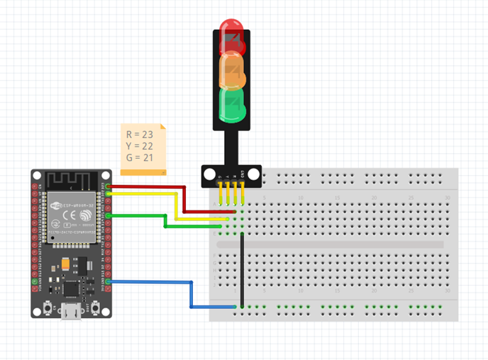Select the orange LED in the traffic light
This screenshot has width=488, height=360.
(232, 69)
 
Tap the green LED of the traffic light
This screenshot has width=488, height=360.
(232, 103)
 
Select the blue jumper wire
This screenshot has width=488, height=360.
(191, 294)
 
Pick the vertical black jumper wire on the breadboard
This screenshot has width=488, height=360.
(242, 269)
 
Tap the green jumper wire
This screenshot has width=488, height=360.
(165, 221)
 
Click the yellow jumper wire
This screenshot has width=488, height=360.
(175, 206)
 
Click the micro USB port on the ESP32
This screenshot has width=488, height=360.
(71, 312)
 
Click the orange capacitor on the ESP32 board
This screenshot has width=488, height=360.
(66, 264)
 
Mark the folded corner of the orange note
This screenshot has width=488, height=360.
(163, 127)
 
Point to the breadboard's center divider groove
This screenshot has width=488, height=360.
(329, 244)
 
